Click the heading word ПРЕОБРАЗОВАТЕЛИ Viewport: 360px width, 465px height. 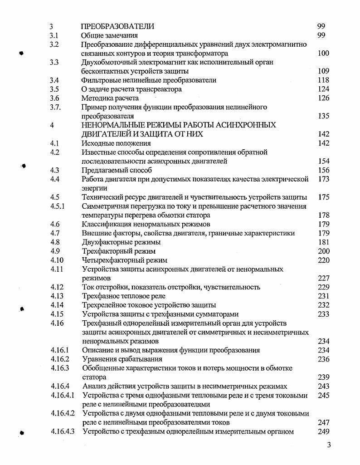pyautogui.click(x=117, y=26)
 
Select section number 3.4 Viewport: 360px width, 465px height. pyautogui.click(x=54, y=80)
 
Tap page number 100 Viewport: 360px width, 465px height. pyautogui.click(x=324, y=54)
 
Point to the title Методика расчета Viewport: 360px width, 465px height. pyautogui.click(x=110, y=98)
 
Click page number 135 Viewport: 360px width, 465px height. pyautogui.click(x=324, y=116)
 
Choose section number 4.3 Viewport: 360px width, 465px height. pyautogui.click(x=54, y=170)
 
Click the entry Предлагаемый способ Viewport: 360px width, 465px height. pyautogui.click(x=117, y=170)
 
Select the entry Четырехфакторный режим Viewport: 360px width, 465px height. pyautogui.click(x=125, y=260)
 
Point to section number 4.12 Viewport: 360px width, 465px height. pyautogui.click(x=57, y=287)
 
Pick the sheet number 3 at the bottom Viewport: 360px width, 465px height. pyautogui.click(x=329, y=445)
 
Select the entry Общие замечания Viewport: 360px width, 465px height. pyautogui.click(x=109, y=35)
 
